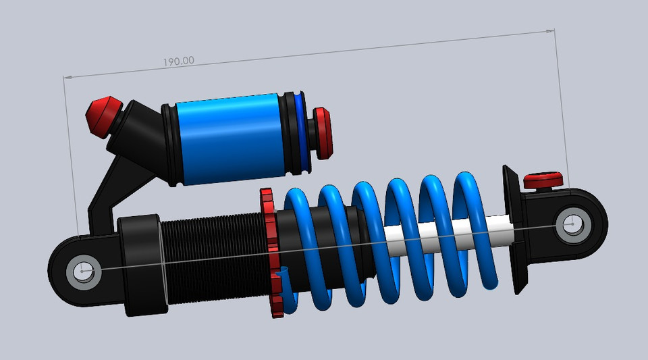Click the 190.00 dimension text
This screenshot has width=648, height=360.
point(178,61)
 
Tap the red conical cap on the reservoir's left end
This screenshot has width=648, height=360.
point(103,115)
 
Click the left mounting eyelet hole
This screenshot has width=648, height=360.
point(84,272)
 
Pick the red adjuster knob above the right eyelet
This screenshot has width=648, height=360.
point(543,180)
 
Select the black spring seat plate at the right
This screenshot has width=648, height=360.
point(514,230)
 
